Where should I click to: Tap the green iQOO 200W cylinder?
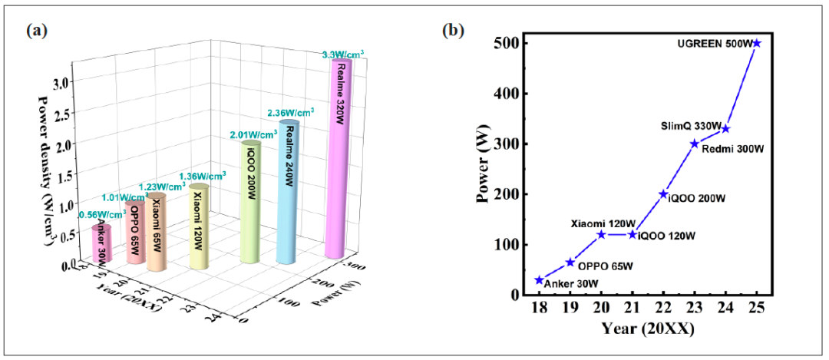point(251,201)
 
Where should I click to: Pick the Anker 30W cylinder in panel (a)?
point(101,243)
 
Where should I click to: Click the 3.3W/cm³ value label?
point(342,53)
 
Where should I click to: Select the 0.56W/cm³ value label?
point(97,215)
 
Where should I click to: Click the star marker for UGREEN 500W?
point(757,43)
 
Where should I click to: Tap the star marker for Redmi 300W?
point(695,144)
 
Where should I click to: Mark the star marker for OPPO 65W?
point(570,262)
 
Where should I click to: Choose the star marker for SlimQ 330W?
point(725,128)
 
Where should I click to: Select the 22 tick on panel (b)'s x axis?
point(663,307)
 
